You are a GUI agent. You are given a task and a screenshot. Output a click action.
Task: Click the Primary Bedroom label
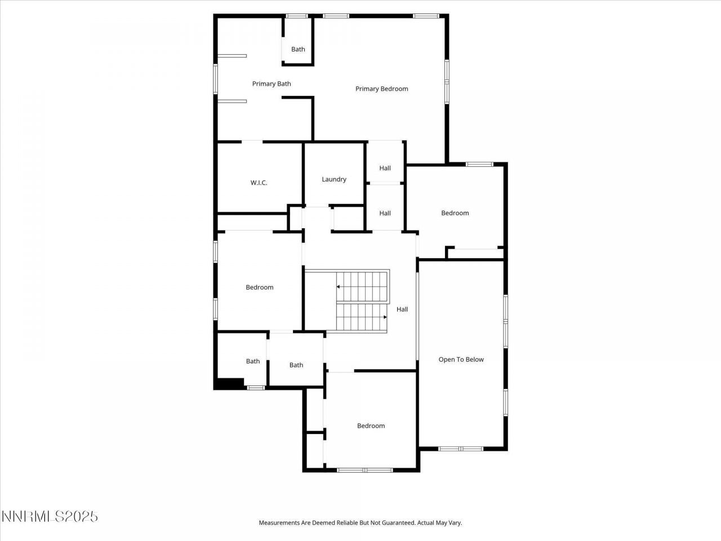click(381, 88)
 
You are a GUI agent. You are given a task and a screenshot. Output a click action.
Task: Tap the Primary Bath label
click(272, 84)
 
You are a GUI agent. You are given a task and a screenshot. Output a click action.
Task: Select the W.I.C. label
click(259, 183)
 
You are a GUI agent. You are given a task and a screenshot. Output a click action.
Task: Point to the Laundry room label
click(334, 179)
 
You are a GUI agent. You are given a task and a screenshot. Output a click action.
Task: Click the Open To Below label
click(461, 360)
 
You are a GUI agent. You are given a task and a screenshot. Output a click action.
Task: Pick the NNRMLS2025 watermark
click(50, 516)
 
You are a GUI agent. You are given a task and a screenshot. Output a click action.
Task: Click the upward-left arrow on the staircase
click(339, 287)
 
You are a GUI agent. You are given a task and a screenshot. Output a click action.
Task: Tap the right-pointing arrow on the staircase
click(385, 317)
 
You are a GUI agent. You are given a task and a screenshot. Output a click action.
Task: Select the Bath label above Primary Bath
click(298, 49)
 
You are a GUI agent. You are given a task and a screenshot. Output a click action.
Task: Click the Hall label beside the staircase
click(402, 309)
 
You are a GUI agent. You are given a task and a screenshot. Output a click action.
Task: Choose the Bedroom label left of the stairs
click(259, 287)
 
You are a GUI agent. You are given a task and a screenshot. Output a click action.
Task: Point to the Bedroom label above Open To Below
click(455, 213)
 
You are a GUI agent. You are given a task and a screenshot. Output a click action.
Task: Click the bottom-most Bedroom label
click(371, 426)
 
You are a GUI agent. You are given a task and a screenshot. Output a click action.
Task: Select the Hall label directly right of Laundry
click(385, 168)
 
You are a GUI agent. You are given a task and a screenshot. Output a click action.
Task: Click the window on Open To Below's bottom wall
click(461, 449)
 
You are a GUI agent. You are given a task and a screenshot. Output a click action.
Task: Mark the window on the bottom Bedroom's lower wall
click(364, 470)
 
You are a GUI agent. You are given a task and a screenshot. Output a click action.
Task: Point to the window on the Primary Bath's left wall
click(215, 78)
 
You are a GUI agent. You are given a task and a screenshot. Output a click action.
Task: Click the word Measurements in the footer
click(279, 523)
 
